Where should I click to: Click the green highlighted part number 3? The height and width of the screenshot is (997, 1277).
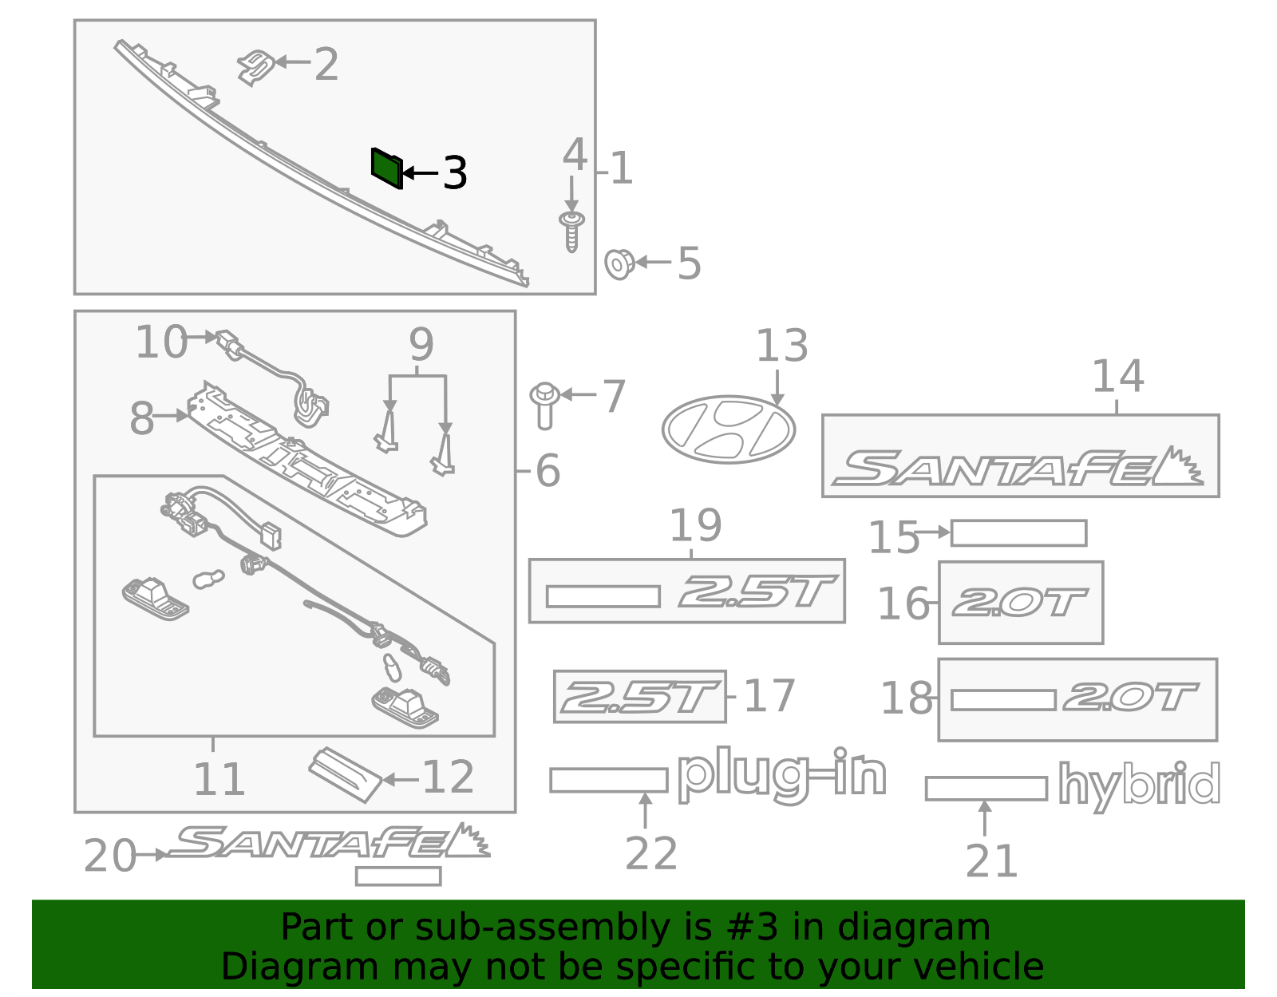[386, 168]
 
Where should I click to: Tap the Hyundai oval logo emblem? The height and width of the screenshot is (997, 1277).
[728, 429]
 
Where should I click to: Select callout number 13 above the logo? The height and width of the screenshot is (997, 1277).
[781, 346]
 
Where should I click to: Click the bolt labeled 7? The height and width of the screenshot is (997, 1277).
[545, 405]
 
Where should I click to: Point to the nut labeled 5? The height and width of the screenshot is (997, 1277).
[619, 263]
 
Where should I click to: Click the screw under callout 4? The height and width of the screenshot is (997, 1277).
[571, 231]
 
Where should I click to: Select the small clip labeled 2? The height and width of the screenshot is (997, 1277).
[256, 66]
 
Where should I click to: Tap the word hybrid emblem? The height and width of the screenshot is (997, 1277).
[1139, 785]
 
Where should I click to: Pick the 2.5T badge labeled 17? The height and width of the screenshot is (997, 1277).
[640, 697]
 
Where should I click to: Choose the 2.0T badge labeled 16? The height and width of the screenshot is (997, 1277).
[1020, 603]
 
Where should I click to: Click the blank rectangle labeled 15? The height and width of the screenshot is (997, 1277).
[1018, 533]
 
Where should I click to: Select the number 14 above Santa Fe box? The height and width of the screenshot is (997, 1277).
[1117, 376]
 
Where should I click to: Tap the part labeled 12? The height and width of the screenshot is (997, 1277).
[346, 773]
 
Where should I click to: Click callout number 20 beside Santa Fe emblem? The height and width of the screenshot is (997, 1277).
[109, 857]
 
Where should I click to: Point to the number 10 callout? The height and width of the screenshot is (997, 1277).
[161, 342]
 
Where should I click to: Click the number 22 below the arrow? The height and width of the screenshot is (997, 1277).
[650, 854]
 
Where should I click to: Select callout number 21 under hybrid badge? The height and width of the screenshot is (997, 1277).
[991, 861]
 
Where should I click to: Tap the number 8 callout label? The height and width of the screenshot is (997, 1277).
[141, 418]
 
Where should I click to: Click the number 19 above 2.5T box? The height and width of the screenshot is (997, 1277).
[695, 526]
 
